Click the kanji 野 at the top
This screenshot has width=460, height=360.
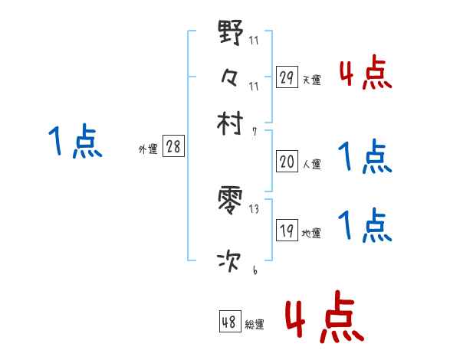tap(230, 34)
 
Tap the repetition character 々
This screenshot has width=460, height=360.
tap(230, 77)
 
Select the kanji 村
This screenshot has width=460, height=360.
tap(230, 123)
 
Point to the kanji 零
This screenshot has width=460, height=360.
tap(230, 203)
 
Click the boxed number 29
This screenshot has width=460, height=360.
tap(287, 77)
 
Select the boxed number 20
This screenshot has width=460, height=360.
tap(287, 162)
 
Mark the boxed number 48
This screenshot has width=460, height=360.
tap(229, 322)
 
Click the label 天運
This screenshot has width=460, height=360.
tap(311, 80)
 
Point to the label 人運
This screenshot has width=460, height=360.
tap(311, 164)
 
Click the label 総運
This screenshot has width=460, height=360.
tap(255, 325)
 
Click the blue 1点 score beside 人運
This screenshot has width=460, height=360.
tap(366, 157)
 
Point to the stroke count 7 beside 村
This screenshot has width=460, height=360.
tap(254, 131)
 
